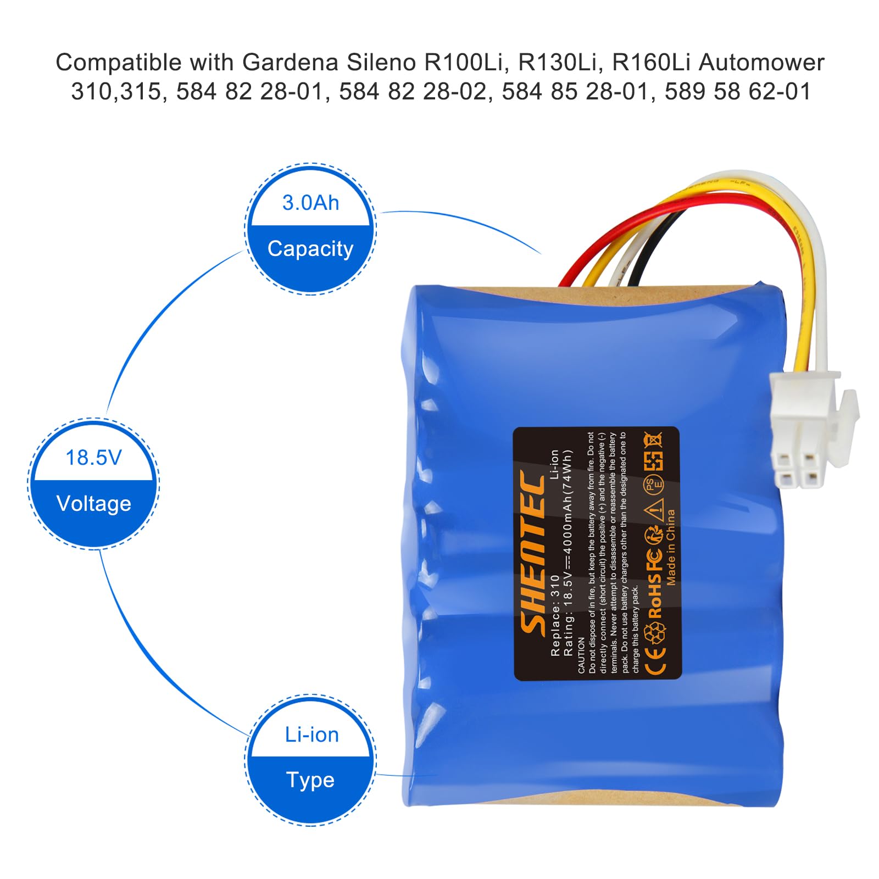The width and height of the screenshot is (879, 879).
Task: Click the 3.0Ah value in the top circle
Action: click(310, 203)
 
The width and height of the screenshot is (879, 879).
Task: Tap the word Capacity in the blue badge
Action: click(310, 249)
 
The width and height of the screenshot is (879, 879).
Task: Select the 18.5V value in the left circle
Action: click(93, 458)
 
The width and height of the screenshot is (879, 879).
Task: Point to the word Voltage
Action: click(93, 504)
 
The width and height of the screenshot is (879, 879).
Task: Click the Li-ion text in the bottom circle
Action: click(311, 735)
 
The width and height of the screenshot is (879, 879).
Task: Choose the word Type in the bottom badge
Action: click(310, 780)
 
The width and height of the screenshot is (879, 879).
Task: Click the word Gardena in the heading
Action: click(290, 63)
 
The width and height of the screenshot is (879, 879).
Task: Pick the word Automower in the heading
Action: click(761, 63)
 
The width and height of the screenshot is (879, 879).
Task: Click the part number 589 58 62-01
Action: click(737, 92)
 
